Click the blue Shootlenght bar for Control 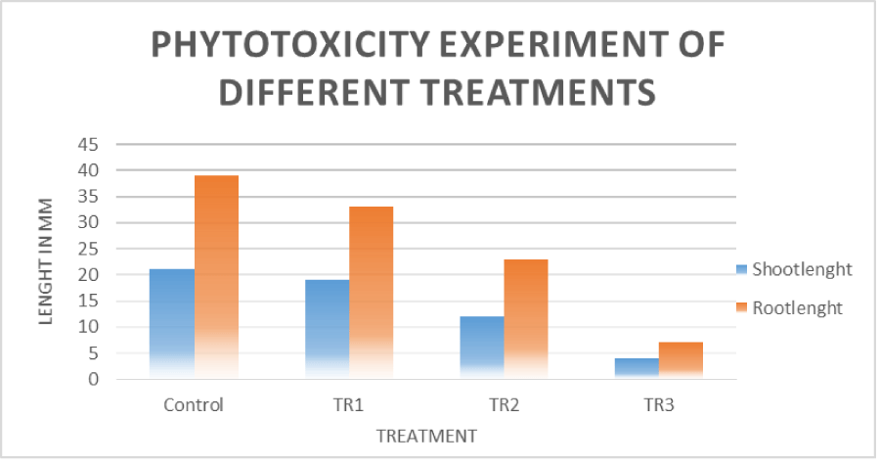(173, 323)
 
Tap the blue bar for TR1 (328, 329)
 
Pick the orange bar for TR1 (372, 293)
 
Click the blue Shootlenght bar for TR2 (483, 348)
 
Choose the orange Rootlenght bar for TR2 (526, 319)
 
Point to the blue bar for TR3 (638, 368)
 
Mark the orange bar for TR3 (681, 360)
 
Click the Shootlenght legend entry (795, 269)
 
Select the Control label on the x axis (195, 404)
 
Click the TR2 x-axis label (505, 404)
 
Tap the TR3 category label (660, 404)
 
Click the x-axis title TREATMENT (428, 435)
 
